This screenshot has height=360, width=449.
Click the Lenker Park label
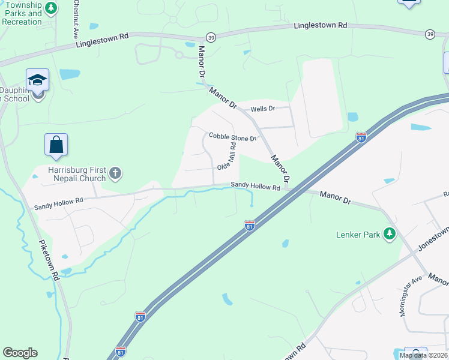tap(358, 235)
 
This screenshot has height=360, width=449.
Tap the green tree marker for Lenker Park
tap(390, 234)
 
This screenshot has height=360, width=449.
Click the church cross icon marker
tap(116, 175)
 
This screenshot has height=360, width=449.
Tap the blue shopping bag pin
tap(56, 145)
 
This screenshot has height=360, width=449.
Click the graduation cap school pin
tap(37, 80)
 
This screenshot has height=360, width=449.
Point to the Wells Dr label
tap(262, 109)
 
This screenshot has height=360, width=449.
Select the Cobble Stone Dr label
tap(232, 137)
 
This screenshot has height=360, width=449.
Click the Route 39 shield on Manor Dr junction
tap(211, 37)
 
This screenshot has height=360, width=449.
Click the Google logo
tap(20, 353)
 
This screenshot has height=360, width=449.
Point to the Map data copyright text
tap(424, 355)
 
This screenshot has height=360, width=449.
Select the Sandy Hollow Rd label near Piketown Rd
tap(58, 204)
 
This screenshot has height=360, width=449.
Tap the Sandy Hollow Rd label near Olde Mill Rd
tap(256, 187)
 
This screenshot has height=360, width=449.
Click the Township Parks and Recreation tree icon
tap(52, 8)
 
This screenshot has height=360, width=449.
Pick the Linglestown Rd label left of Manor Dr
tap(103, 41)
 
